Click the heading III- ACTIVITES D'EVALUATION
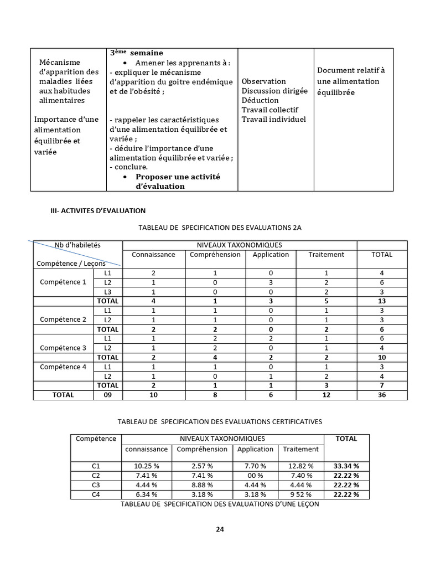tap(98, 210)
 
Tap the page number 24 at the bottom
tap(220, 529)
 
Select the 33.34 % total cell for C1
tap(346, 466)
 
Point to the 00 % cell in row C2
tap(255, 475)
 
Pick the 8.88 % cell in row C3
tap(202, 485)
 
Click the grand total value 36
tap(382, 395)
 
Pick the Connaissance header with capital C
tap(153, 255)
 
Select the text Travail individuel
tap(273, 119)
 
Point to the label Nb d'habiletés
tap(77, 245)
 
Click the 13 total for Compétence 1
tap(382, 301)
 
